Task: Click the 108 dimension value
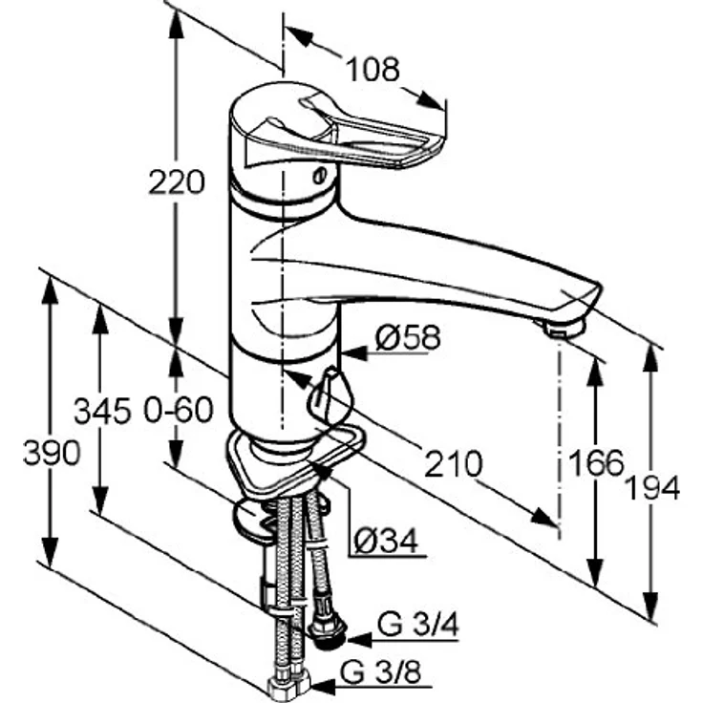373,70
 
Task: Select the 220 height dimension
177,182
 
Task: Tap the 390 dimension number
52,453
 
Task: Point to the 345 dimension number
102,411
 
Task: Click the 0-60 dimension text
179,410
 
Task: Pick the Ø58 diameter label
408,337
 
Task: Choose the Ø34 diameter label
387,542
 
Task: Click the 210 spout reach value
454,463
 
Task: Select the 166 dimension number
596,462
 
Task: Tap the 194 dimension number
652,487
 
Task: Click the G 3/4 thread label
418,625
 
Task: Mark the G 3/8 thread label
381,672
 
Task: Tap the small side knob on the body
330,395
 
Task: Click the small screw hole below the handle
319,176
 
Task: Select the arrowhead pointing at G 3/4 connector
359,640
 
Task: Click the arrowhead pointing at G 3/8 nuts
323,687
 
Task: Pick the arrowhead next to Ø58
353,353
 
